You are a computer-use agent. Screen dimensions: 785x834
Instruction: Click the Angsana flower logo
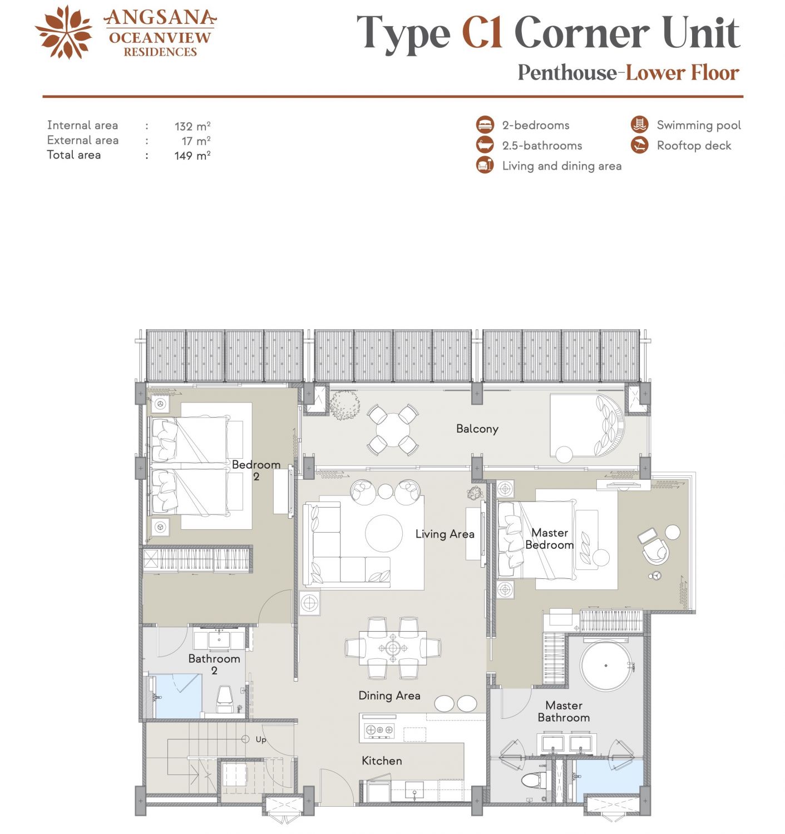tap(64, 32)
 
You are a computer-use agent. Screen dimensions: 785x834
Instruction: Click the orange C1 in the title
tap(482, 33)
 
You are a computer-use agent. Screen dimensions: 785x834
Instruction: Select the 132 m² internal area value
tap(192, 126)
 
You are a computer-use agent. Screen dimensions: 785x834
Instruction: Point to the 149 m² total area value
tap(192, 155)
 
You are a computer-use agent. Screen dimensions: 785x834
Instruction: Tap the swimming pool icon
tap(639, 125)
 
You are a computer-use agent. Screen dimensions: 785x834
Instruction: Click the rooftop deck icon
tap(639, 145)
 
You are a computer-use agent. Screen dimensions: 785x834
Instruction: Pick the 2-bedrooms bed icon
tap(485, 125)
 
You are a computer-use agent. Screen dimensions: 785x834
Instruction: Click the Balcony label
tap(477, 429)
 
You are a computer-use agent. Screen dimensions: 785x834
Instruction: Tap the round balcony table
tap(393, 430)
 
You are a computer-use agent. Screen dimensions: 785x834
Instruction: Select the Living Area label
tap(445, 534)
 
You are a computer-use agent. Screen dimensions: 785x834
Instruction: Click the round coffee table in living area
tap(384, 533)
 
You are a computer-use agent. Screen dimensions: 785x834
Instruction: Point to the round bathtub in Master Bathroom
tap(605, 666)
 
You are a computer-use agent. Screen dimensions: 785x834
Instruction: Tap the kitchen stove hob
tap(379, 730)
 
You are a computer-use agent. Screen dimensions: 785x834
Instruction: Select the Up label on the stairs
tap(260, 739)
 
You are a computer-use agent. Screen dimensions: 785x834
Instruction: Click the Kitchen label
tap(382, 761)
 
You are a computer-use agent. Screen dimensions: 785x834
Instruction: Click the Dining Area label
tap(389, 696)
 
